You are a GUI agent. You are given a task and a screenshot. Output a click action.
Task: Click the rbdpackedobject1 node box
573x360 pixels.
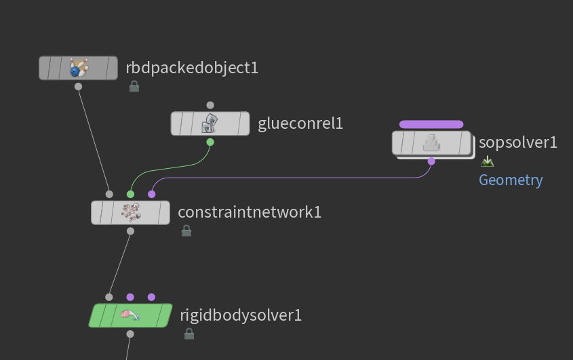[x=78, y=68]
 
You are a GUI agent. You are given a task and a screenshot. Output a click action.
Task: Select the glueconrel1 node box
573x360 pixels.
[x=210, y=123]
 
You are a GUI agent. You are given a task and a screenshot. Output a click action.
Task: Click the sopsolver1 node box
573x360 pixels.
[x=431, y=143]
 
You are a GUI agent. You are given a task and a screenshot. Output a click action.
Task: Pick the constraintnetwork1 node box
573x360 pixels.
[x=130, y=212]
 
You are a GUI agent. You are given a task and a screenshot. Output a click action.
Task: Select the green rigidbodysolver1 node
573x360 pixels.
[x=130, y=315]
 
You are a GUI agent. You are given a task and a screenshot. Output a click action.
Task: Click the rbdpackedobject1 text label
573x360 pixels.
[x=192, y=68]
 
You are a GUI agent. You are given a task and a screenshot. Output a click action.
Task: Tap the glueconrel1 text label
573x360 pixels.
[x=300, y=123]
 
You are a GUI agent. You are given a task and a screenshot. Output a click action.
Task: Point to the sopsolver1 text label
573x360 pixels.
[x=518, y=142]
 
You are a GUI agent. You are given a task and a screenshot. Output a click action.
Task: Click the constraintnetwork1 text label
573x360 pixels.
[x=250, y=212]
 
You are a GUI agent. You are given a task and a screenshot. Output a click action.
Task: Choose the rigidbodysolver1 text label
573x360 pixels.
[x=241, y=315]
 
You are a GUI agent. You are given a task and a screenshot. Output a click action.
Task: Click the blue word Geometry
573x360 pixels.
[x=511, y=180]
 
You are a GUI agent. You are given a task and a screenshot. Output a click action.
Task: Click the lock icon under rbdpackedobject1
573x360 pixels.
[x=134, y=86]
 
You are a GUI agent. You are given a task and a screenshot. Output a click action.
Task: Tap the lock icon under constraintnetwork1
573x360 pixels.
[x=186, y=231]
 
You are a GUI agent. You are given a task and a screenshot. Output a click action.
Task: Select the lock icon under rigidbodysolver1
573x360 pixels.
[x=189, y=334]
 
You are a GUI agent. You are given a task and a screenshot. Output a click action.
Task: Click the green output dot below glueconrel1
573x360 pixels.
[x=210, y=142]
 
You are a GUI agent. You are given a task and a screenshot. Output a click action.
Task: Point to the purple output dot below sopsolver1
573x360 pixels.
[x=431, y=161]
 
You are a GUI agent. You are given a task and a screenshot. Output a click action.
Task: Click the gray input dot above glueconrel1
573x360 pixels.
[x=210, y=105]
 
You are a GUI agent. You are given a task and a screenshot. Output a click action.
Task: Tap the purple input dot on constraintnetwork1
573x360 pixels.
[x=151, y=194]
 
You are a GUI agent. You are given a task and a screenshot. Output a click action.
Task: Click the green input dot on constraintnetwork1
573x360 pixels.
[x=130, y=194]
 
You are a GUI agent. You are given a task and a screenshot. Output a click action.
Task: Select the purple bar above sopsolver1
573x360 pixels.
[x=431, y=124]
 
